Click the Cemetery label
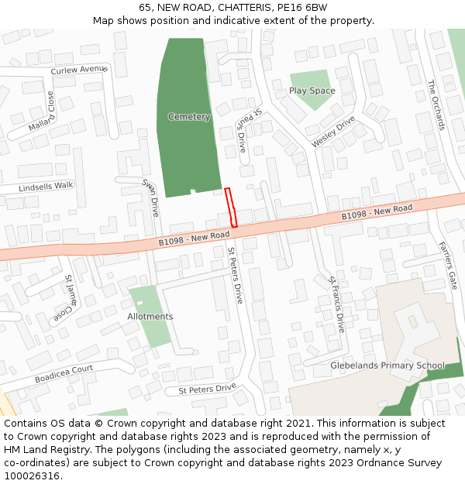pyautogui.click(x=189, y=117)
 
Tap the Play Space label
pyautogui.click(x=312, y=91)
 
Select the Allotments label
pyautogui.click(x=150, y=317)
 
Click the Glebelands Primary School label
pyautogui.click(x=387, y=366)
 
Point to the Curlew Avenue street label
pyautogui.click(x=77, y=70)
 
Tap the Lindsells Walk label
pyautogui.click(x=46, y=186)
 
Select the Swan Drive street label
pyautogui.click(x=150, y=197)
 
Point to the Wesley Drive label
pyautogui.click(x=333, y=132)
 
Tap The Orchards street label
pyautogui.click(x=436, y=105)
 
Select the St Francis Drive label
pyautogui.click(x=336, y=304)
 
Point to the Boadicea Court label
pyautogui.click(x=64, y=374)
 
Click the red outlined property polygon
pyautogui.click(x=231, y=208)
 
